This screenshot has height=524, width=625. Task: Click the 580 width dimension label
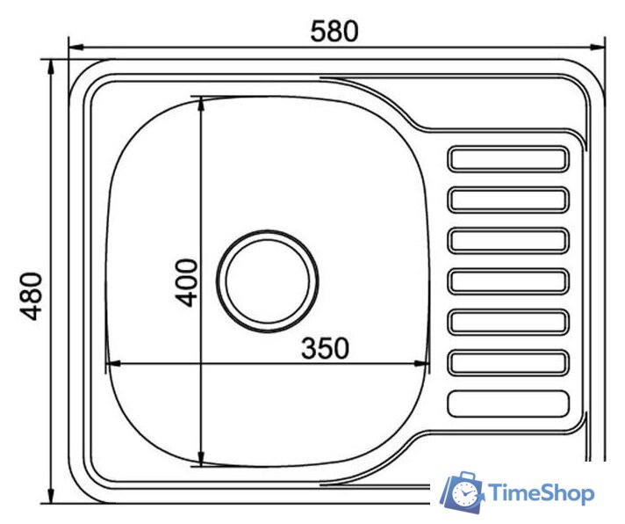tap(334, 32)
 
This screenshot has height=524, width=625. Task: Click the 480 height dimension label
tap(31, 296)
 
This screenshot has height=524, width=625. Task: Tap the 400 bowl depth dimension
tap(187, 283)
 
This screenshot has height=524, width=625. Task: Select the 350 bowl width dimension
tap(325, 348)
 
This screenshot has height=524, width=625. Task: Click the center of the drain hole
tap(268, 281)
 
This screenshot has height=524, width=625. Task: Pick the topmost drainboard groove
tap(508, 158)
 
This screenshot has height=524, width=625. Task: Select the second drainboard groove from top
tap(508, 200)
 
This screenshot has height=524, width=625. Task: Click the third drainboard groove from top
tap(508, 240)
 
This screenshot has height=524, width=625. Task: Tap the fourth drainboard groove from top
tap(508, 281)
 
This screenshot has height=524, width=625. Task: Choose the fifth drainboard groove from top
tap(508, 322)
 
